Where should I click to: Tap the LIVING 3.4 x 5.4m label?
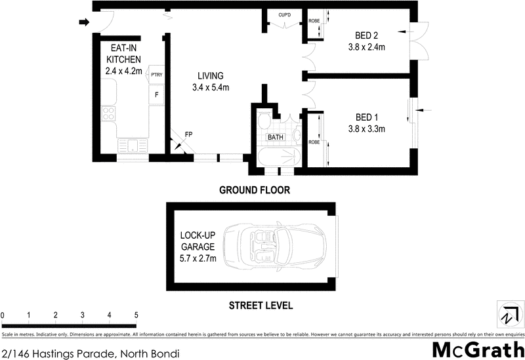210,81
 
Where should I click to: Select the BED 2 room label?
366,41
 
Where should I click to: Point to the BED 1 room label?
366,123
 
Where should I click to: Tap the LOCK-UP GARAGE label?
198,247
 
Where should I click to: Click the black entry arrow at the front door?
83,23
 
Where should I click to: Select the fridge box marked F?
156,95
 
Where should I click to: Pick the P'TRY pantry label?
156,75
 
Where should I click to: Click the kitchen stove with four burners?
109,115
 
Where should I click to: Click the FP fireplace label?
188,134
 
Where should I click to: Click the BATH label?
275,138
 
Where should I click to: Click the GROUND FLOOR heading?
254,190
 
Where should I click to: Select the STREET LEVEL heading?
260,305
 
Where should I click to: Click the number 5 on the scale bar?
136,315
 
